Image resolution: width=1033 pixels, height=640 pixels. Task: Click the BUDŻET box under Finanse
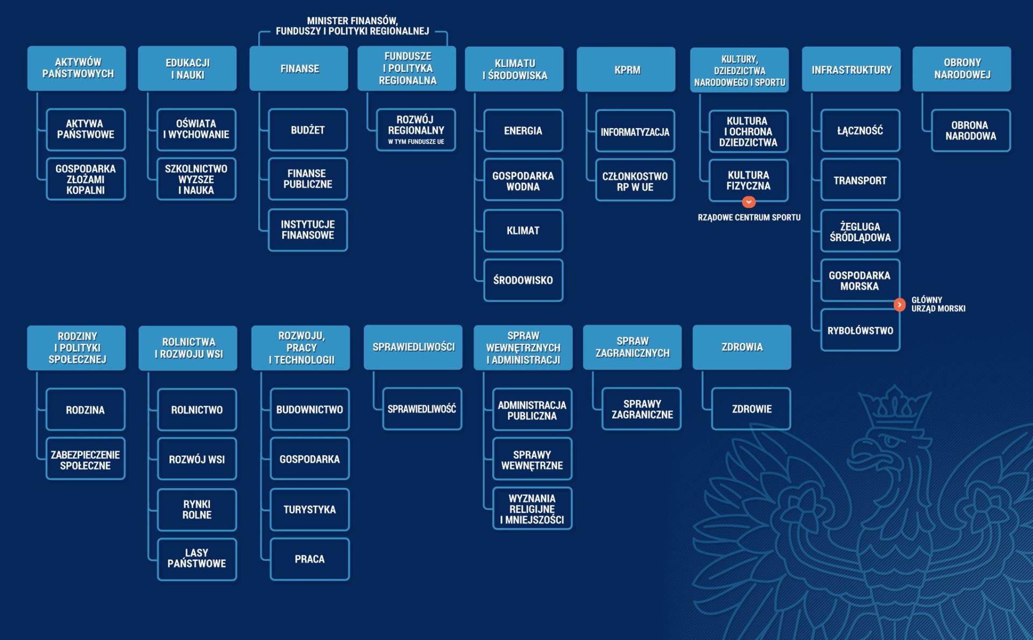tap(308, 130)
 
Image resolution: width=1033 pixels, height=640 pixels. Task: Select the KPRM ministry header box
tap(626, 69)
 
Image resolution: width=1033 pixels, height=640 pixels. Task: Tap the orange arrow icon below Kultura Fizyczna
tap(748, 202)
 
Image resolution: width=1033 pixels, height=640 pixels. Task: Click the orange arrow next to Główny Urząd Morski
tap(899, 305)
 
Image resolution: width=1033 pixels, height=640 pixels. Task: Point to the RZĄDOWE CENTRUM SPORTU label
tap(749, 217)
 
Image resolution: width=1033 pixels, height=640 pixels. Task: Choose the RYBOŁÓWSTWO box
tap(860, 330)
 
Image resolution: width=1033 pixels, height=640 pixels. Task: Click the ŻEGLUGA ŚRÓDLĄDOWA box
tap(860, 231)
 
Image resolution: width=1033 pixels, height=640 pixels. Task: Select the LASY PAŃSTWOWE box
tap(197, 559)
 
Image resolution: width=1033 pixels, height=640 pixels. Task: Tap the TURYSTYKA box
tap(309, 509)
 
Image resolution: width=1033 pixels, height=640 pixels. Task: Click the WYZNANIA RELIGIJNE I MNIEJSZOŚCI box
tap(532, 509)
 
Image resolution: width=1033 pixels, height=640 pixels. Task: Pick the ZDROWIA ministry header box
tap(741, 347)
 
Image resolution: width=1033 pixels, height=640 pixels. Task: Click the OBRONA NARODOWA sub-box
tap(971, 131)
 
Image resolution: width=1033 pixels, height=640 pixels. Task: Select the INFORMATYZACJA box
tap(635, 132)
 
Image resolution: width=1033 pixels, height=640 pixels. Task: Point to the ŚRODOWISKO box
tap(523, 280)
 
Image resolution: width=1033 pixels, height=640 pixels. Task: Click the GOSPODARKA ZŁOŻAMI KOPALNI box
tap(86, 179)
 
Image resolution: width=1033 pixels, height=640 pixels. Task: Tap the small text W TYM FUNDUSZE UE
tap(416, 142)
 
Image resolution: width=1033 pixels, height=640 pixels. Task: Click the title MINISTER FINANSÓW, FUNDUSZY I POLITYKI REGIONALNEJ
tap(352, 26)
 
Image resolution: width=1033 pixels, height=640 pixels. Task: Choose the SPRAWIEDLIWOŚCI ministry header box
tap(413, 347)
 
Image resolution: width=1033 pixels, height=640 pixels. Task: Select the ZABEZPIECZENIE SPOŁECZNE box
tap(86, 460)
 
